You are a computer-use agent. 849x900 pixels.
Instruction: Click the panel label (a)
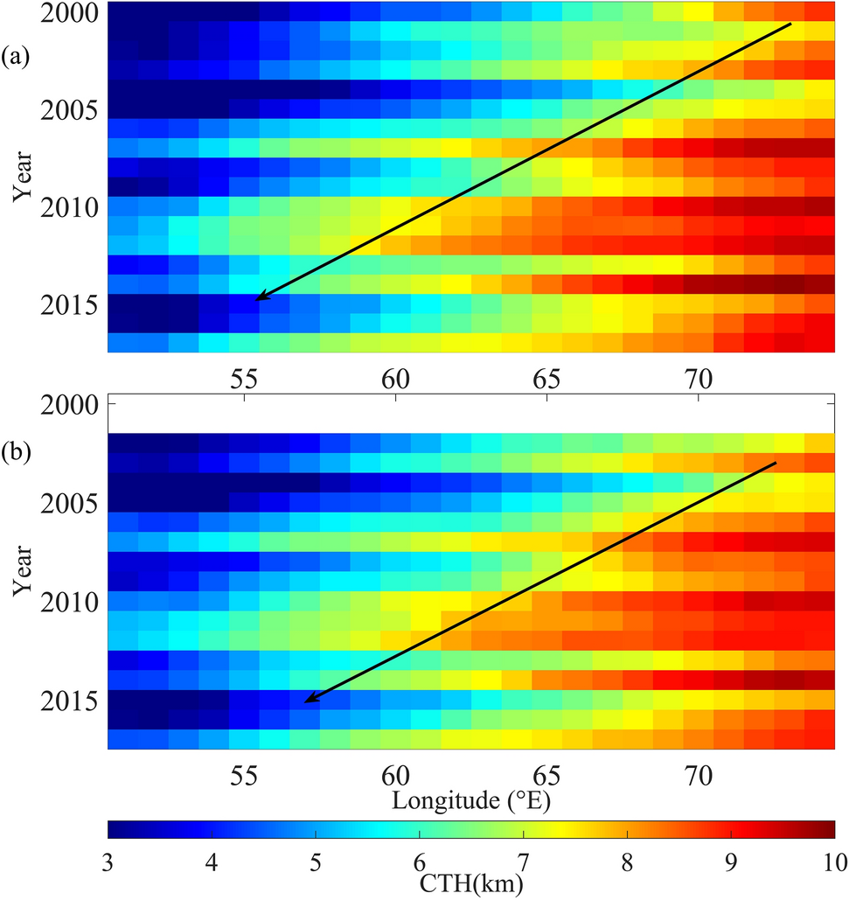17,59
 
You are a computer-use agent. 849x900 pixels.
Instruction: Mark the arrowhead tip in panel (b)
305,701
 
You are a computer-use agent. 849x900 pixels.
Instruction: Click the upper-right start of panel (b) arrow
776,462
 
